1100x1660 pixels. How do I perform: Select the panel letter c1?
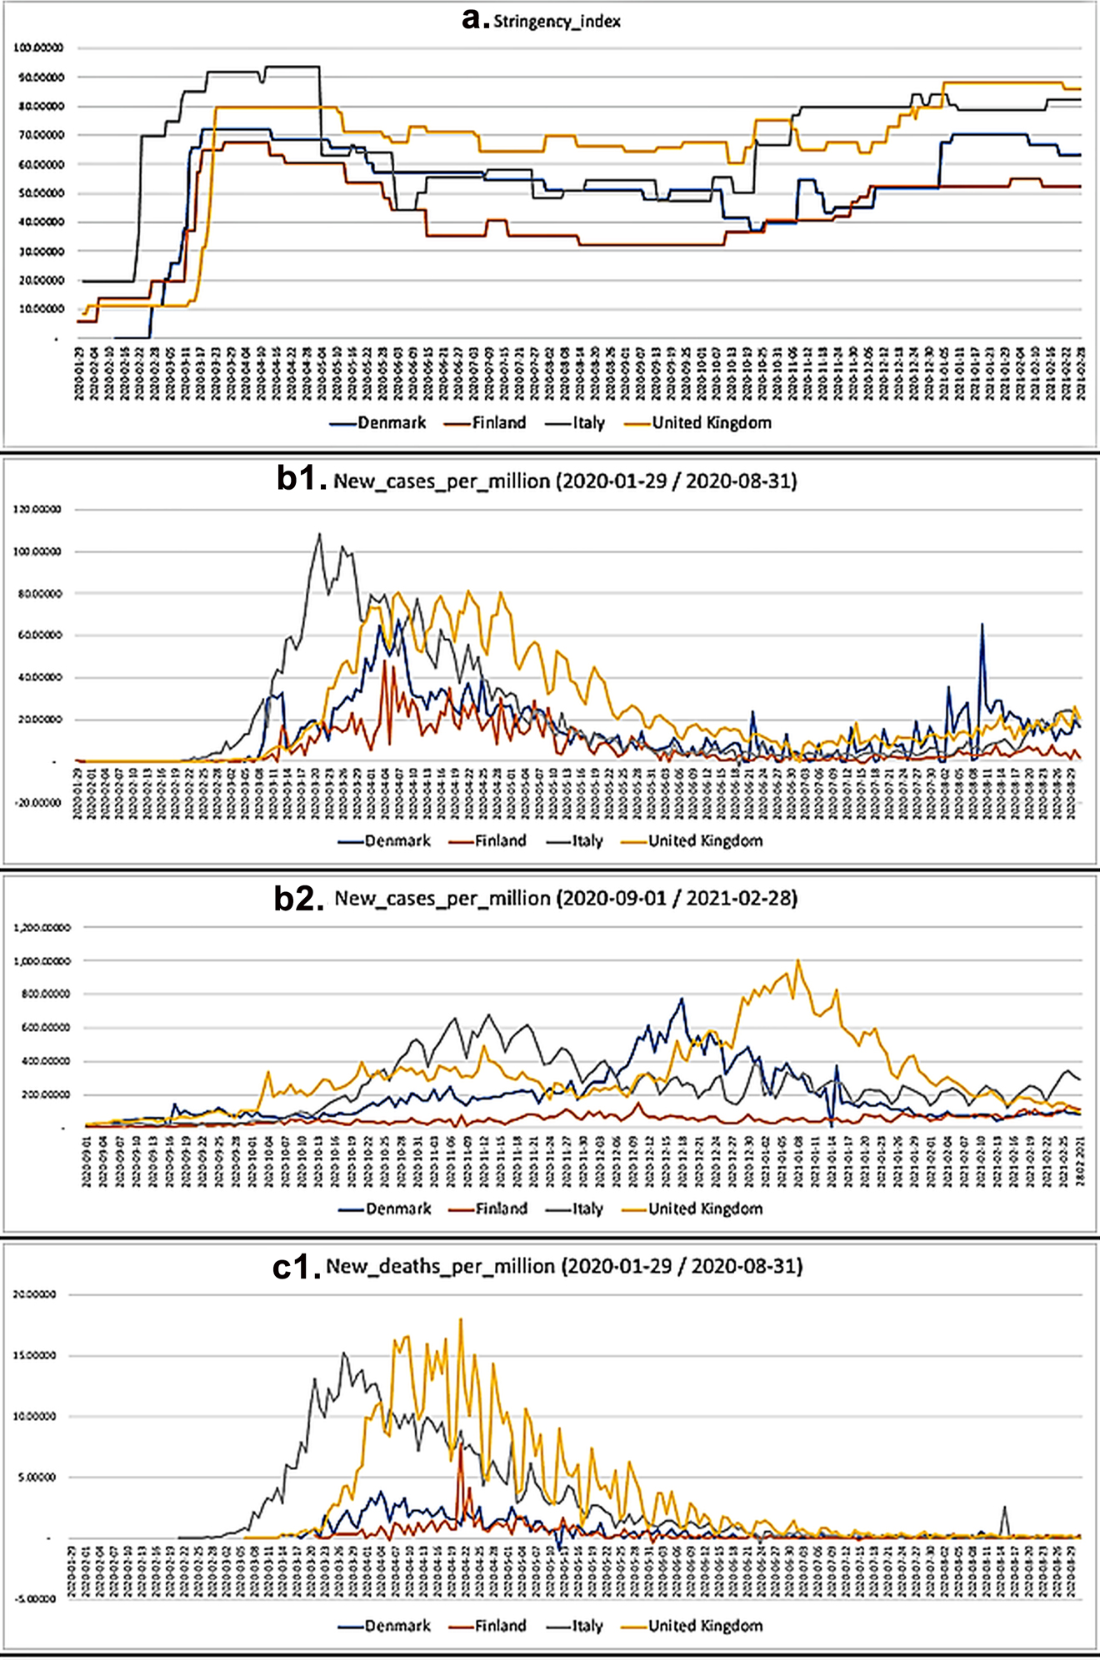point(296,1266)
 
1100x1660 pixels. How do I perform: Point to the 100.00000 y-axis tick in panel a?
point(38,48)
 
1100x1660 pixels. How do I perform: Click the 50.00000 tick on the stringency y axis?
point(38,193)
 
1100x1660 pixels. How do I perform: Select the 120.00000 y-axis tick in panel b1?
point(37,509)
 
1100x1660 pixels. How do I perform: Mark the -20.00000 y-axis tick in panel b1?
point(37,803)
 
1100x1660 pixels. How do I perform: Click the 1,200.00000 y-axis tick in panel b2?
point(42,927)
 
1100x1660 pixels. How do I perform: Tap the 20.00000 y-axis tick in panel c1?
point(35,1294)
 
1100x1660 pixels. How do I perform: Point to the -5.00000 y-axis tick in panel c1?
point(35,1599)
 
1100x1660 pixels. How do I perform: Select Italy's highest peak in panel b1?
point(319,534)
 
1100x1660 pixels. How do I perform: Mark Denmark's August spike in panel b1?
point(982,624)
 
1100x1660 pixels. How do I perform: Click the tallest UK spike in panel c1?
point(461,1319)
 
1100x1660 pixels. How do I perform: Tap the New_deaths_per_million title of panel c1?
point(564,1267)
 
